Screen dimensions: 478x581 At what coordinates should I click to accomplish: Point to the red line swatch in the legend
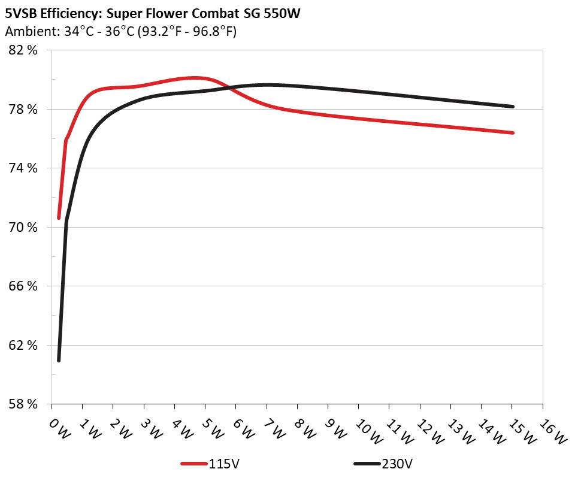(x=194, y=464)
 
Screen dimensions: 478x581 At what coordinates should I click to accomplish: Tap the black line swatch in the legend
(x=367, y=464)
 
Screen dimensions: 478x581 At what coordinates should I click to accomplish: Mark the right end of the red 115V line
(x=513, y=132)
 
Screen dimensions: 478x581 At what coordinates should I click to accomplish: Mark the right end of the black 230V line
(x=513, y=107)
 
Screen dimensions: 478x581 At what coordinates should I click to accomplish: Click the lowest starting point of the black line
(x=59, y=360)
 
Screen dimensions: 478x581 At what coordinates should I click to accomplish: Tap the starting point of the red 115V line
(x=59, y=218)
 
